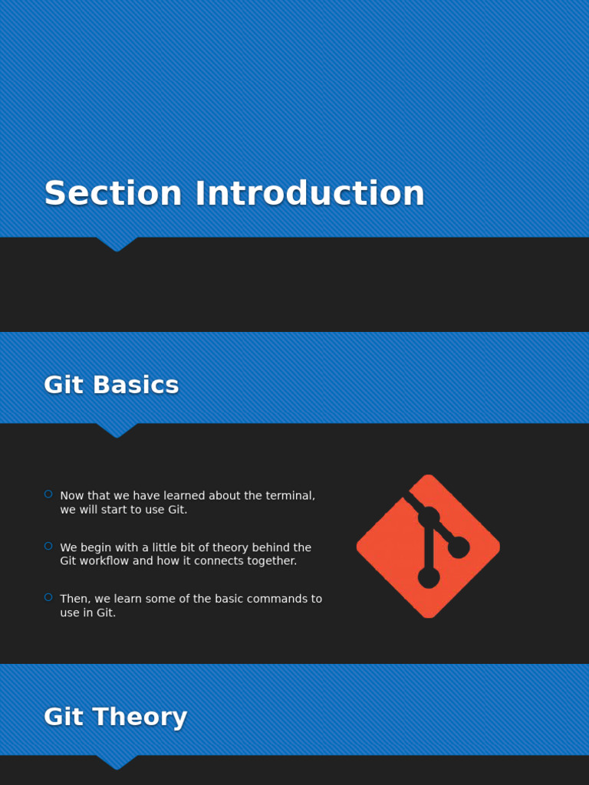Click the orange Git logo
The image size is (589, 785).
coord(428,546)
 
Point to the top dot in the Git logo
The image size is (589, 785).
coord(428,517)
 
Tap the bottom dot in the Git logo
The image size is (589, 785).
coord(429,577)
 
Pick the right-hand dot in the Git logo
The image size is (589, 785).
coord(459,547)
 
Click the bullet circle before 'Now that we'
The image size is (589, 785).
coord(48,494)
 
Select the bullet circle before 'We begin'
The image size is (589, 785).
coord(48,546)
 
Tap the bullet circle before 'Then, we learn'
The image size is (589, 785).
coord(48,597)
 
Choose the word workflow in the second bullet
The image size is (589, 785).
coord(109,561)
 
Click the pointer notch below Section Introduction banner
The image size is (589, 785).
coord(117,245)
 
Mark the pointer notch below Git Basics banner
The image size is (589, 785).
coord(117,431)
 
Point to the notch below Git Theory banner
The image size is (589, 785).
coord(117,763)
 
